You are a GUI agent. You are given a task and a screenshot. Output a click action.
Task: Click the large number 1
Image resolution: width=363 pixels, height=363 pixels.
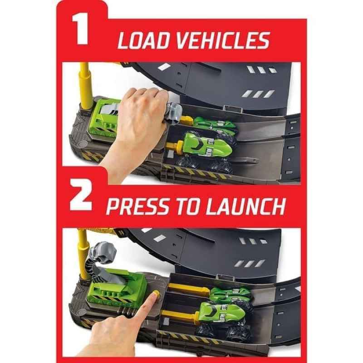80,29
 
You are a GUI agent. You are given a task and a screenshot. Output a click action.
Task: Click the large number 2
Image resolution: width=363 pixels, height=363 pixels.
81,195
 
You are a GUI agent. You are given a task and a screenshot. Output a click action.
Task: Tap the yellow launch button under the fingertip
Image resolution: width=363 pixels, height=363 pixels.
156,294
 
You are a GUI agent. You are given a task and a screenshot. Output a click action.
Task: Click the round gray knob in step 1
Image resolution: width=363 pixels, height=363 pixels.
82,145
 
